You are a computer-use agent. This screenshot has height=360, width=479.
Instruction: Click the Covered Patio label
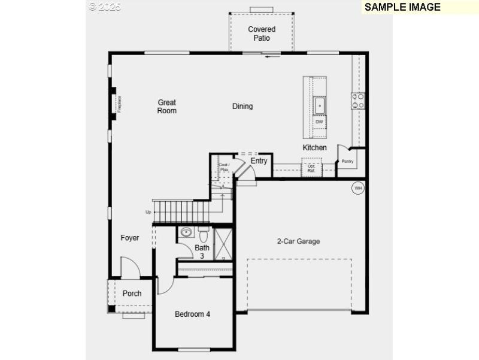tap(262, 34)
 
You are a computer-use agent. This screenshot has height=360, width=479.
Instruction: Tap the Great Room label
tap(167, 107)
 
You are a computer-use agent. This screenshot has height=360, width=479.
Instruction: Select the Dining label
tap(242, 107)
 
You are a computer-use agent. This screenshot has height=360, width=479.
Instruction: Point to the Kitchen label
tap(314, 147)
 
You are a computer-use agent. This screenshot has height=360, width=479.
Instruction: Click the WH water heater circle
tap(358, 188)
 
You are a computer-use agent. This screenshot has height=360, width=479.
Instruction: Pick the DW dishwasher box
tap(319, 122)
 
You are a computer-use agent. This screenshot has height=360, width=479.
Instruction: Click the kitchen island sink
tap(320, 105)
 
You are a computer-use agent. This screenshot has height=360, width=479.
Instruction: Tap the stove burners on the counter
tap(358, 101)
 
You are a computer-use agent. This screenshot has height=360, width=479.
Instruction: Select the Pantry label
tap(347, 161)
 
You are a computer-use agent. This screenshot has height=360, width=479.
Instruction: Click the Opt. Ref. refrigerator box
tap(311, 168)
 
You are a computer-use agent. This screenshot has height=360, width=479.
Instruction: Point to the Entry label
tap(259, 161)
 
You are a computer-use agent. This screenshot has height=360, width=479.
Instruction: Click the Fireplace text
tap(119, 104)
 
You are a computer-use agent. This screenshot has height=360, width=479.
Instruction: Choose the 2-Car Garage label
tap(298, 241)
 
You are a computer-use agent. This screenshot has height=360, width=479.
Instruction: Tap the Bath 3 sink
tap(186, 232)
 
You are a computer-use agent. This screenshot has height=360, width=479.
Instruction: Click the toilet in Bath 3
tap(202, 231)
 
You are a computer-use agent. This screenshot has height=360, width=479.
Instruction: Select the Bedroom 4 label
tap(192, 314)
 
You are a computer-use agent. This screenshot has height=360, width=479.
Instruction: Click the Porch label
tap(132, 294)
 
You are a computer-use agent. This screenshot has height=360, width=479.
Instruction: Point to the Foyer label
tap(130, 238)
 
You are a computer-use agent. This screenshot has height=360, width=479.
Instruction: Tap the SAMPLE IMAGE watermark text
tap(402, 7)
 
